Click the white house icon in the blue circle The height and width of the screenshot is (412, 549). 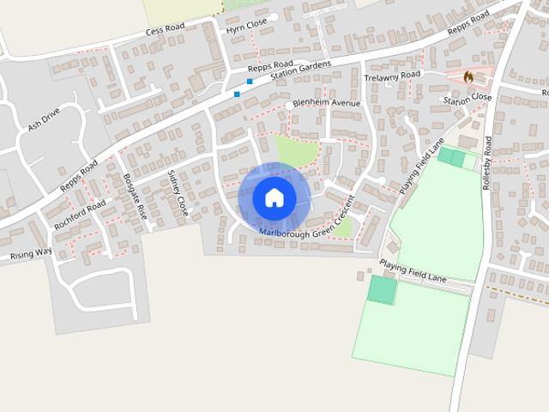(274, 197)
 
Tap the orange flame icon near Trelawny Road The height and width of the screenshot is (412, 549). (468, 76)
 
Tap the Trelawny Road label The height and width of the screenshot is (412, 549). (392, 76)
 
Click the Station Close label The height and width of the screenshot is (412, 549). (468, 100)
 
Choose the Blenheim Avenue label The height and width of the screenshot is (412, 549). (327, 103)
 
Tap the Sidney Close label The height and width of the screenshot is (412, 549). (178, 192)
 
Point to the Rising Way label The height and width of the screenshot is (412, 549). (31, 254)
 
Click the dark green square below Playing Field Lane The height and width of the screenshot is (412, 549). (383, 289)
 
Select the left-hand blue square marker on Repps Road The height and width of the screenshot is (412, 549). (237, 94)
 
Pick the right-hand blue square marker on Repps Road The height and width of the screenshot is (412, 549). (250, 82)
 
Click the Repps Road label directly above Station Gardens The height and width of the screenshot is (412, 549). (270, 64)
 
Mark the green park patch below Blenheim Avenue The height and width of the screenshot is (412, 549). (295, 151)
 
